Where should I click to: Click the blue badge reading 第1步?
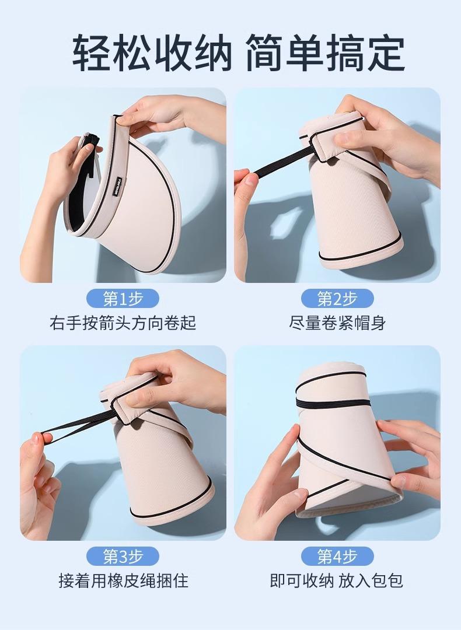tap(123, 299)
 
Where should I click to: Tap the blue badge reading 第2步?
tap(337, 299)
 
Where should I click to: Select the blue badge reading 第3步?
tap(123, 557)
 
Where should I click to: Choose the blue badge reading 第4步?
tap(337, 557)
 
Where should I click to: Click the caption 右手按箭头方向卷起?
tap(123, 323)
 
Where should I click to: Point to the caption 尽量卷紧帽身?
tap(337, 323)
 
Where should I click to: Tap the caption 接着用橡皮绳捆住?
tap(123, 580)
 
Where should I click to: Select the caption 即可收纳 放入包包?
tap(336, 580)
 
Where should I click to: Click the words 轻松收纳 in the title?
tap(152, 52)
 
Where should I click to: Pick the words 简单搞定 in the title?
tap(325, 52)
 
